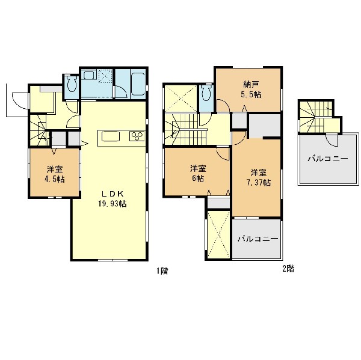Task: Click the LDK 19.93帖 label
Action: click(x=113, y=199)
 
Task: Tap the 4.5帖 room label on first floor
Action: click(x=55, y=174)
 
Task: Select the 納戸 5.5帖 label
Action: click(x=251, y=90)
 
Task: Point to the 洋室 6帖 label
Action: click(x=198, y=174)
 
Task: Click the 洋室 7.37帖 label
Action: click(x=259, y=177)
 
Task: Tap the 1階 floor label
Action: click(x=162, y=271)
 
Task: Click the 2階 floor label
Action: click(x=288, y=269)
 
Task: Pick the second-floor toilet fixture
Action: click(x=206, y=93)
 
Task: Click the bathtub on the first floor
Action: click(x=138, y=84)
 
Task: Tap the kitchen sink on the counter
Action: click(x=111, y=136)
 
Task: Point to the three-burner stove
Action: click(x=137, y=136)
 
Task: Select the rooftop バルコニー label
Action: click(x=328, y=159)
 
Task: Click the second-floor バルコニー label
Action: click(x=258, y=239)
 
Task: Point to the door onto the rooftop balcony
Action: click(x=332, y=141)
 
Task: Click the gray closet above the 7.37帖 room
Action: click(x=265, y=126)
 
